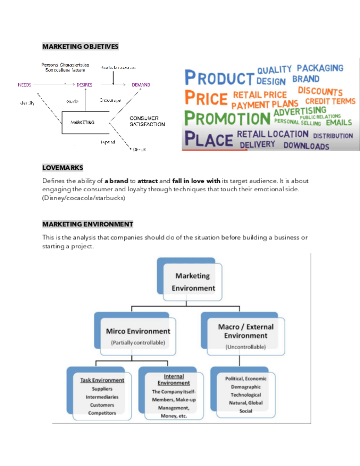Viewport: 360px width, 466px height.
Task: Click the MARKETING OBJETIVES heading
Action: pyautogui.click(x=80, y=47)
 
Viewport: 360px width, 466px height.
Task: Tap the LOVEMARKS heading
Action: pyautogui.click(x=63, y=167)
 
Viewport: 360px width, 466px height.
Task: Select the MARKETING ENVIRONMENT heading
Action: pyautogui.click(x=87, y=224)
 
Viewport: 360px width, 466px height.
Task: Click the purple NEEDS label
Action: pyautogui.click(x=25, y=85)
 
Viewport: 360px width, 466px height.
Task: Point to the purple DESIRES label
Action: pyautogui.click(x=85, y=85)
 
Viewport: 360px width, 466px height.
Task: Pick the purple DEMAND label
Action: pyautogui.click(x=141, y=85)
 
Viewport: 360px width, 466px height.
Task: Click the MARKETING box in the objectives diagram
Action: pyautogui.click(x=83, y=123)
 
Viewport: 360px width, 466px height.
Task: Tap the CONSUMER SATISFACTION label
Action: pyautogui.click(x=147, y=121)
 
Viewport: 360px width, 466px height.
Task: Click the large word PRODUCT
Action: pyautogui.click(x=219, y=78)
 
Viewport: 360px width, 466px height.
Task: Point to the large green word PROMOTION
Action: pyautogui.click(x=226, y=118)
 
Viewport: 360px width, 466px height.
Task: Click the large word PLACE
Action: pyautogui.click(x=208, y=138)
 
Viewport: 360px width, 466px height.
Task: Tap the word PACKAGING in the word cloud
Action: pyautogui.click(x=320, y=68)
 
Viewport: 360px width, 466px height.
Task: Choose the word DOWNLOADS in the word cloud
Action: pyautogui.click(x=306, y=146)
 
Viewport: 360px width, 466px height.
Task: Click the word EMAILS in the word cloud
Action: pyautogui.click(x=339, y=122)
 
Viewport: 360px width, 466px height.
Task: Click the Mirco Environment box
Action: pyautogui.click(x=138, y=335)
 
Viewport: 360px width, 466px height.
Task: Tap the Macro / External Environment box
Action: pyautogui.click(x=245, y=335)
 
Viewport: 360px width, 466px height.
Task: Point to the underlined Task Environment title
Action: pyautogui.click(x=102, y=380)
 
